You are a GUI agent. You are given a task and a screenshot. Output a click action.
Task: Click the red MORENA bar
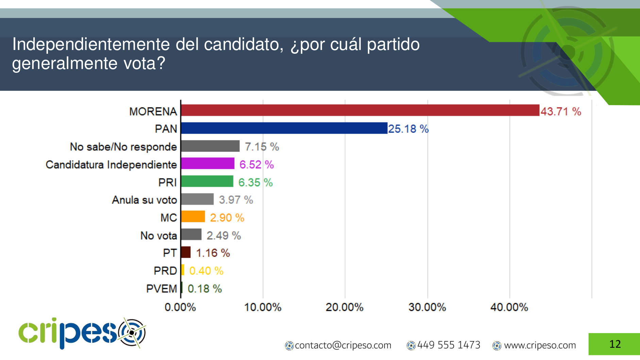coord(360,110)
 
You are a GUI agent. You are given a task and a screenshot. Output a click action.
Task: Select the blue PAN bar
coord(284,128)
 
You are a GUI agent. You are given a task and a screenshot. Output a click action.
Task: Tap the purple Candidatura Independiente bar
coord(207,164)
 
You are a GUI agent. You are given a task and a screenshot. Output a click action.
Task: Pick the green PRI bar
coord(207,182)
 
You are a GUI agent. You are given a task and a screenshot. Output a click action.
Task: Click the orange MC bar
coord(193,217)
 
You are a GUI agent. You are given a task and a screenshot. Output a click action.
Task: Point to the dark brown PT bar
coord(186,252)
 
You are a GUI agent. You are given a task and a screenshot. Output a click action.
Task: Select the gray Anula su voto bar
coord(197,199)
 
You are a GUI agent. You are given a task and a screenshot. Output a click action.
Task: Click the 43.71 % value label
coord(561,112)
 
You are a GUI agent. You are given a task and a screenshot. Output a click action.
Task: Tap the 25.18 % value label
coord(408,129)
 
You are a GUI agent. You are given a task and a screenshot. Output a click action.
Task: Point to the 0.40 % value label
coord(206,271)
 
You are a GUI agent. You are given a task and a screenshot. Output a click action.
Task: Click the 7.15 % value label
coord(262,147)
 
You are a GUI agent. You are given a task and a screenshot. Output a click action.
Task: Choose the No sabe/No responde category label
coord(123,147)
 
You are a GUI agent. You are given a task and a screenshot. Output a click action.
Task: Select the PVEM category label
coord(162,289)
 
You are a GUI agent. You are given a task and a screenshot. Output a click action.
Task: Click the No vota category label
coord(158,236)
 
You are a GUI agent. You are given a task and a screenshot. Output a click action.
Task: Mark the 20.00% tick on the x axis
coord(344,307)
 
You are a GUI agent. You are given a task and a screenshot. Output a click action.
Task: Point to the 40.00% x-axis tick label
coord(509,307)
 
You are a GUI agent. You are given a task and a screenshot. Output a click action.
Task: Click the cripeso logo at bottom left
coord(82,333)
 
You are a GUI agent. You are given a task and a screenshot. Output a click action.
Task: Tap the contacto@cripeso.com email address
coord(343,345)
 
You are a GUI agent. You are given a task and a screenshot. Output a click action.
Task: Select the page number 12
coord(615,344)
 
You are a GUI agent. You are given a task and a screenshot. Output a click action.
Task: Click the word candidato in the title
coord(243,45)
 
